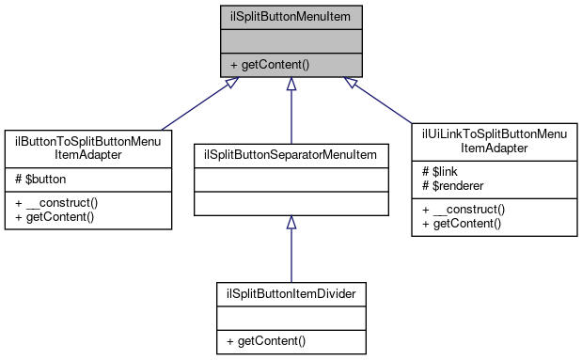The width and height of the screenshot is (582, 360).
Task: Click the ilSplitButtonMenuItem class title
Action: pos(291,16)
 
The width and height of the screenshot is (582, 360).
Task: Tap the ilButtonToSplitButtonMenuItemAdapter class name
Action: pos(87,148)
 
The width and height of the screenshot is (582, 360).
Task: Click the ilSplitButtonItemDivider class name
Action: pos(291,292)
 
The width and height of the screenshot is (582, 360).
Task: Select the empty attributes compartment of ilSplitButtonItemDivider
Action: pos(291,317)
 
